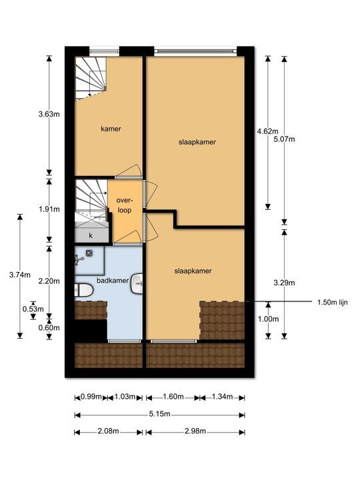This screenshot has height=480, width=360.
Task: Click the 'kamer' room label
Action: click(x=111, y=129)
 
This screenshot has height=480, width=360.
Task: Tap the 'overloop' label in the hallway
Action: click(x=124, y=205)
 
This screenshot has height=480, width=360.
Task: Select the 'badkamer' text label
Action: click(x=112, y=281)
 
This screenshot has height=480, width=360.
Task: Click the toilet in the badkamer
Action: click(x=83, y=290)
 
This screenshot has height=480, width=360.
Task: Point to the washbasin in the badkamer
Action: click(x=137, y=283)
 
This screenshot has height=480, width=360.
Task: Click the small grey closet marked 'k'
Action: click(x=91, y=235)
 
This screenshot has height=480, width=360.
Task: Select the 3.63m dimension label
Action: click(x=49, y=115)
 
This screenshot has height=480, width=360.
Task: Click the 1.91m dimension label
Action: click(x=49, y=209)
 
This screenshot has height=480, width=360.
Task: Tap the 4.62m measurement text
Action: click(x=267, y=131)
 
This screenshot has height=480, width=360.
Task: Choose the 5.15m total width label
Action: click(x=159, y=415)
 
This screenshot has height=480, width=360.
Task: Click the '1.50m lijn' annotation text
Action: click(x=333, y=302)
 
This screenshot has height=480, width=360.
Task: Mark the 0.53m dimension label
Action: click(x=33, y=309)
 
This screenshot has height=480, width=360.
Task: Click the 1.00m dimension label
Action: click(x=267, y=319)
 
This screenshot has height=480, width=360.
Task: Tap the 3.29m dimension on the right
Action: click(x=285, y=283)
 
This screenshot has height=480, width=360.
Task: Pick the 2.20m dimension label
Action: click(x=49, y=281)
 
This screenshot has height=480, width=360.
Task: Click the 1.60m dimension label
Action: click(x=171, y=397)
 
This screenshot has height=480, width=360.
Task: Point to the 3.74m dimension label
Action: click(x=19, y=274)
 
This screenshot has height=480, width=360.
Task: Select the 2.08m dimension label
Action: click(x=107, y=432)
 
